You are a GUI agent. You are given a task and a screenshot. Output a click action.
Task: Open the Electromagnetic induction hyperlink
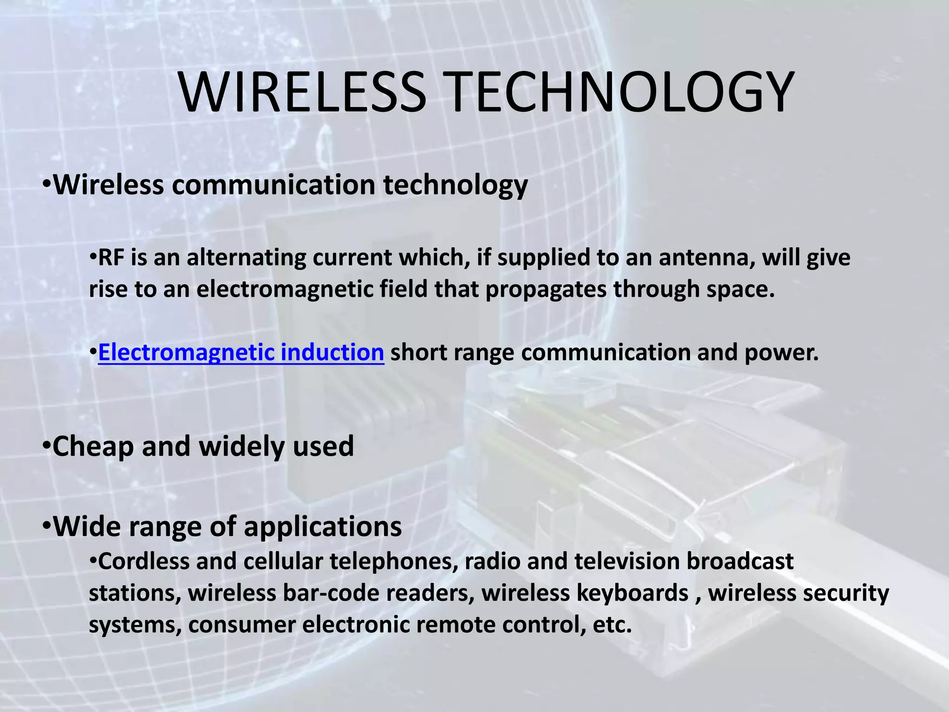click(x=241, y=352)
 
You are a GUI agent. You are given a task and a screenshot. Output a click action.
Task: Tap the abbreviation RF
click(x=111, y=258)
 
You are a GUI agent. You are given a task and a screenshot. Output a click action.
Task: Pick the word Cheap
click(x=93, y=446)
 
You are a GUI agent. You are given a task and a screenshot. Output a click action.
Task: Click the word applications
click(x=323, y=527)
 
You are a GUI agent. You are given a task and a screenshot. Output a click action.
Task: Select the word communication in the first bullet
click(x=273, y=185)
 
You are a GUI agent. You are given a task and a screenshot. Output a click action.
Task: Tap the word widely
click(x=242, y=446)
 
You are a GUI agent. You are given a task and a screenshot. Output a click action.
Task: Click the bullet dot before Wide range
click(x=46, y=527)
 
